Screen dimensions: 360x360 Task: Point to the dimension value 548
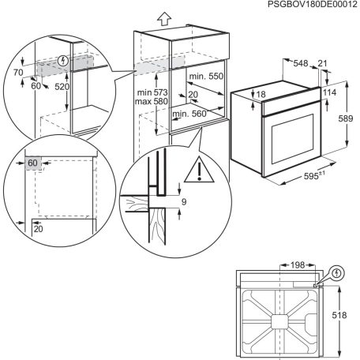click(297, 62)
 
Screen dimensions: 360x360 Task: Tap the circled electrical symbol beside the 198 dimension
click(338, 273)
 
